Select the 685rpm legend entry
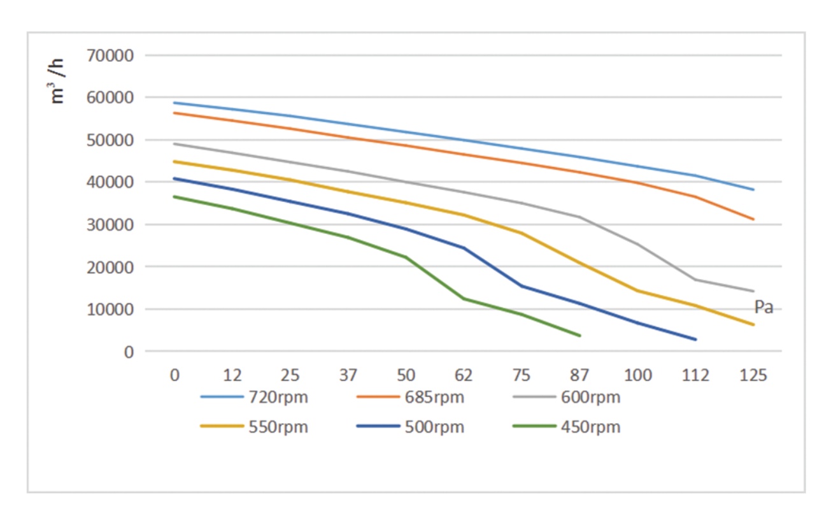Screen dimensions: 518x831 [410, 397]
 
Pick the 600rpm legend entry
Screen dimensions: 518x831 [566, 397]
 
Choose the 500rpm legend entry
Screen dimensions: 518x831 [410, 426]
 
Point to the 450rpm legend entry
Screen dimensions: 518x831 [566, 426]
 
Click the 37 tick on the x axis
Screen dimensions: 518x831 [348, 375]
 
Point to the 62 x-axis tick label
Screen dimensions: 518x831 [464, 375]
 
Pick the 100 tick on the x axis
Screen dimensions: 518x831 [637, 375]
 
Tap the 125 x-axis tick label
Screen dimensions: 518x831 [753, 375]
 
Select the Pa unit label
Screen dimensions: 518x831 [764, 307]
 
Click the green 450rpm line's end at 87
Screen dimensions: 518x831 [579, 335]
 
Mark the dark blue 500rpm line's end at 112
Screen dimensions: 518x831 [695, 339]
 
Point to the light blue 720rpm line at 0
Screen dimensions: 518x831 [174, 103]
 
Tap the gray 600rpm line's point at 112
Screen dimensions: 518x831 [695, 280]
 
